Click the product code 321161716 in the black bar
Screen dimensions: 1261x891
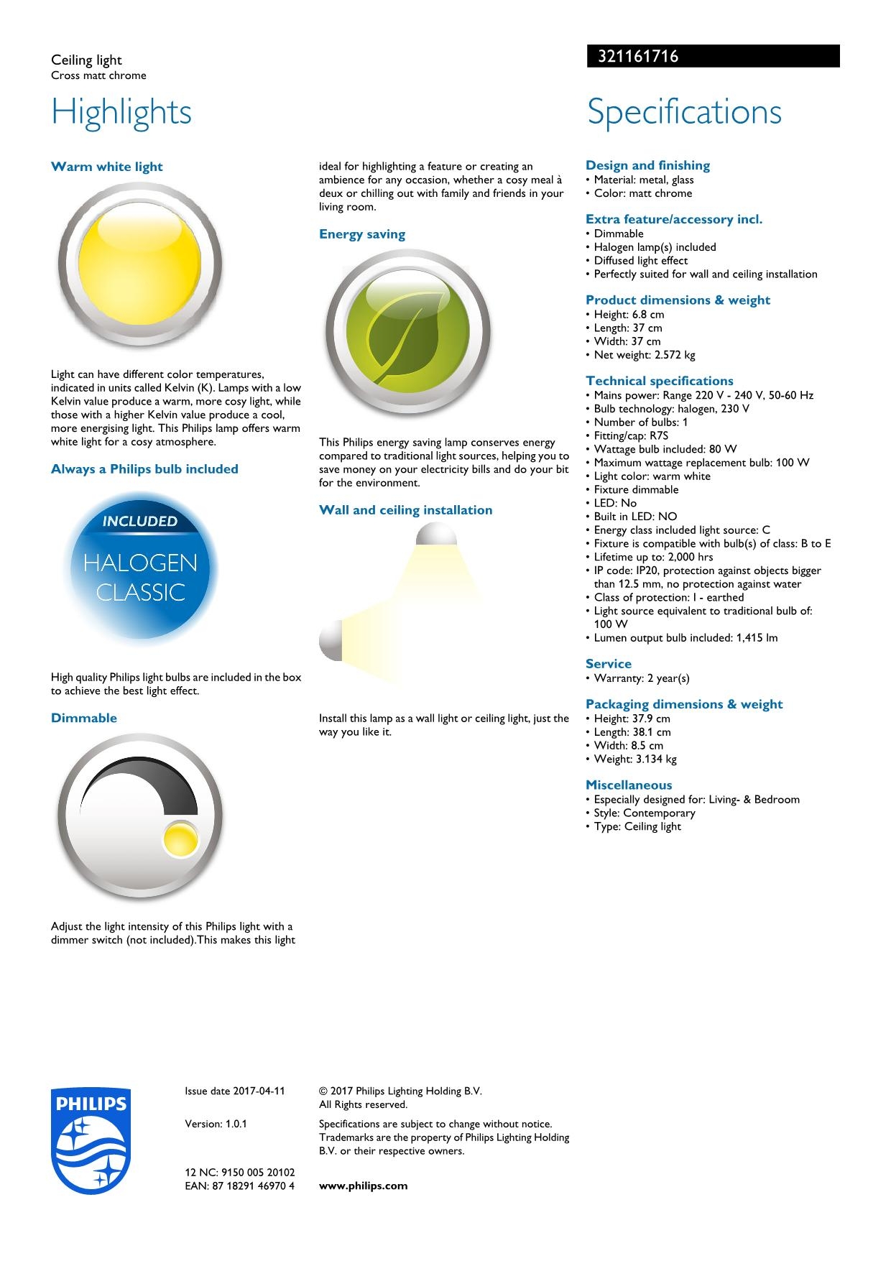(634, 56)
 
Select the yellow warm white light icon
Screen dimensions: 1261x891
(139, 264)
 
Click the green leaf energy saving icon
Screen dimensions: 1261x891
(407, 332)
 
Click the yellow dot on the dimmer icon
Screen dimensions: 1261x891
(180, 839)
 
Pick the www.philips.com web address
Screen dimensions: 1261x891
(363, 1186)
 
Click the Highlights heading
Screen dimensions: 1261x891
(121, 112)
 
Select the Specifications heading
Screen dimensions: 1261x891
(684, 112)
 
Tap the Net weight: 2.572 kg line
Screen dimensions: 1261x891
(644, 355)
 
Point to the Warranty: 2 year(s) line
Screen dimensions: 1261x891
(641, 678)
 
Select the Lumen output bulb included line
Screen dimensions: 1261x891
(685, 638)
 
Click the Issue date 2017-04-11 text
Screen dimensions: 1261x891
(234, 1091)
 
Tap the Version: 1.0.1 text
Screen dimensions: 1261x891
(216, 1124)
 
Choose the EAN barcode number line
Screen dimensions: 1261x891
(239, 1186)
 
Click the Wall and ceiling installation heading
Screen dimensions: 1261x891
(405, 510)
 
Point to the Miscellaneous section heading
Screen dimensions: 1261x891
(629, 785)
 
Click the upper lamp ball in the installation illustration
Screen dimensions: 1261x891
(436, 535)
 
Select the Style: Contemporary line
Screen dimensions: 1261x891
(644, 813)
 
